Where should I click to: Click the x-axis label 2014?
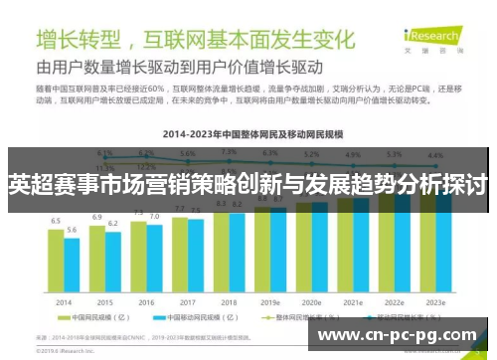(64, 301)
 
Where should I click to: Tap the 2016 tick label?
(146, 301)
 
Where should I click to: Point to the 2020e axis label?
(311, 301)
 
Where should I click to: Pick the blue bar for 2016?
(154, 259)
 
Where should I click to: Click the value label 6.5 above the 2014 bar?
(56, 221)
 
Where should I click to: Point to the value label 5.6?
(72, 231)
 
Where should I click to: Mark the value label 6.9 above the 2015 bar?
(97, 216)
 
